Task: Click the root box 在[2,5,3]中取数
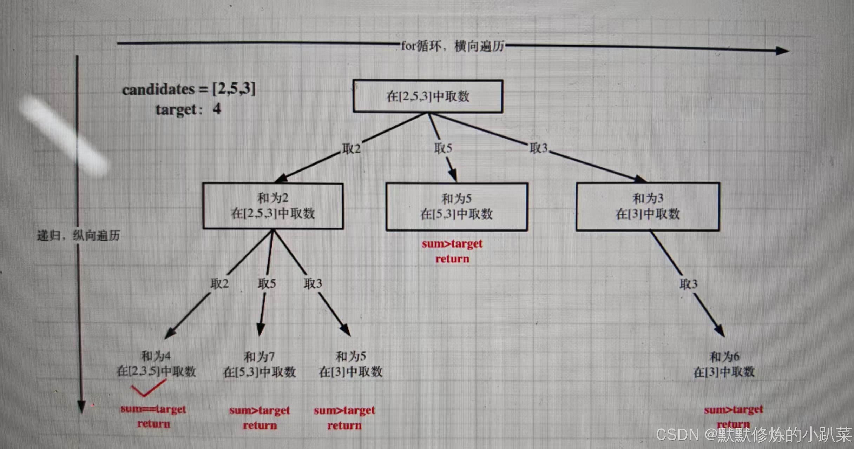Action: [428, 96]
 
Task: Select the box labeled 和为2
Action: [273, 206]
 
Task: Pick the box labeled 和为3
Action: [648, 206]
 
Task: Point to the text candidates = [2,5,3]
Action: [189, 89]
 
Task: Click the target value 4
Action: [217, 109]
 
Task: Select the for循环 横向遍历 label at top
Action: [453, 46]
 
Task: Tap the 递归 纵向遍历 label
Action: [78, 235]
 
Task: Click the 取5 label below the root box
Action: [443, 148]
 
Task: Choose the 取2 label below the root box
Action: [352, 149]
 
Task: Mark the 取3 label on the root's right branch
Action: [539, 148]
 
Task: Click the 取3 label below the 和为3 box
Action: [688, 284]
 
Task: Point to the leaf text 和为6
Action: [724, 357]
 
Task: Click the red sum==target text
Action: [153, 409]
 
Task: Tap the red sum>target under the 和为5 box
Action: [452, 244]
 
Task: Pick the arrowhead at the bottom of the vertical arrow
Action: [81, 407]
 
